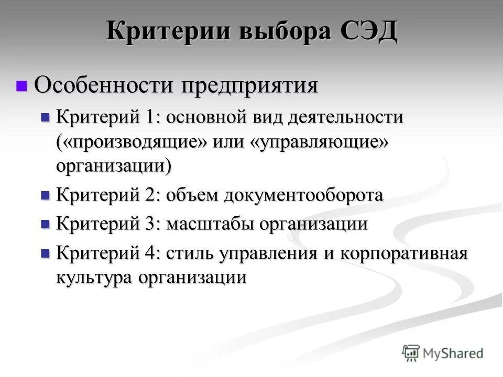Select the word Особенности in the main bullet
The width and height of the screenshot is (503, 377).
click(103, 85)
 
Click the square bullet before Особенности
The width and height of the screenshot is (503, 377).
click(21, 85)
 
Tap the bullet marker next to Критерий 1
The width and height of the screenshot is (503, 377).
click(45, 117)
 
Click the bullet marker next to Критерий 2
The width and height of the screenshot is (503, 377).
click(45, 196)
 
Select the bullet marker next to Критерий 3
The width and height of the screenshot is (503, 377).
click(45, 225)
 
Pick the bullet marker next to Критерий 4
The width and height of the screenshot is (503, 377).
click(45, 253)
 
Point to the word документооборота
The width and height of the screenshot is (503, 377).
click(303, 196)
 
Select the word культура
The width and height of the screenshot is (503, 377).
click(94, 278)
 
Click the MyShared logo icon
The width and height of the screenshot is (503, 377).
click(412, 353)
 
